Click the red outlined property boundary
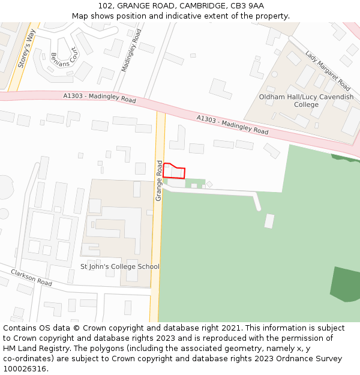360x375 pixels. click(x=174, y=171)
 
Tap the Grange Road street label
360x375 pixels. click(x=159, y=181)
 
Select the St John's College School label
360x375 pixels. click(x=120, y=266)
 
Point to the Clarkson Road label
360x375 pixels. click(x=31, y=277)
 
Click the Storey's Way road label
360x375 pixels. click(x=26, y=48)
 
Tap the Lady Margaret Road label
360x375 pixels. click(x=328, y=70)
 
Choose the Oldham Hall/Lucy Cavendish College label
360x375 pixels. click(x=306, y=101)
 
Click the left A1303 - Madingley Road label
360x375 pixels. click(x=100, y=98)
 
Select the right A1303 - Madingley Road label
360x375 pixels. click(x=232, y=124)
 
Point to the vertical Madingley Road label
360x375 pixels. click(x=131, y=50)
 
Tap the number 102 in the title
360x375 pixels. click(x=106, y=6)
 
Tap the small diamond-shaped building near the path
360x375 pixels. click(x=209, y=184)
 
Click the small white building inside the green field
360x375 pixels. click(x=269, y=221)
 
